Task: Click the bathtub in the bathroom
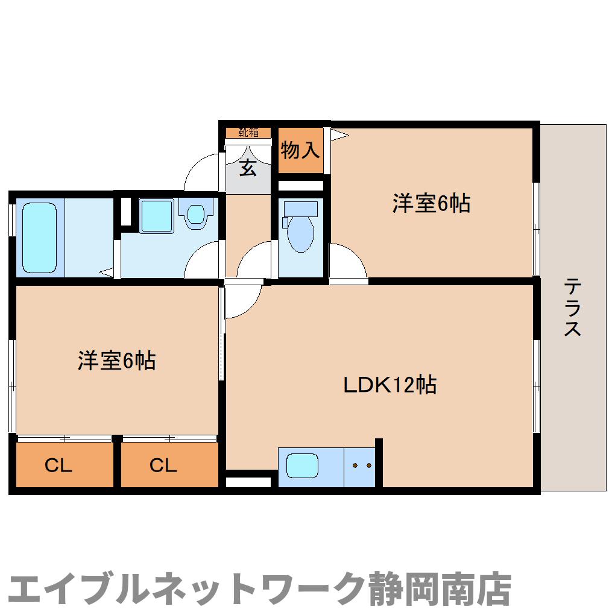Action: pos(40,238)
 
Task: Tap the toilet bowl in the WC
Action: pos(300,234)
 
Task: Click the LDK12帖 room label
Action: pos(389,384)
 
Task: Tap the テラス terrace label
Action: pos(573,307)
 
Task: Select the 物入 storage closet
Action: pos(300,151)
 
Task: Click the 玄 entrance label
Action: pos(248,168)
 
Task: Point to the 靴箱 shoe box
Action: pos(248,131)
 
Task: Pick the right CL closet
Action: pos(164,465)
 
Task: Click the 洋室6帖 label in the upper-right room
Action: pos(431,204)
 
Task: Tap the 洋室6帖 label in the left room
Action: pos(116,361)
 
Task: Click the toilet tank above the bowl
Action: pos(300,209)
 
